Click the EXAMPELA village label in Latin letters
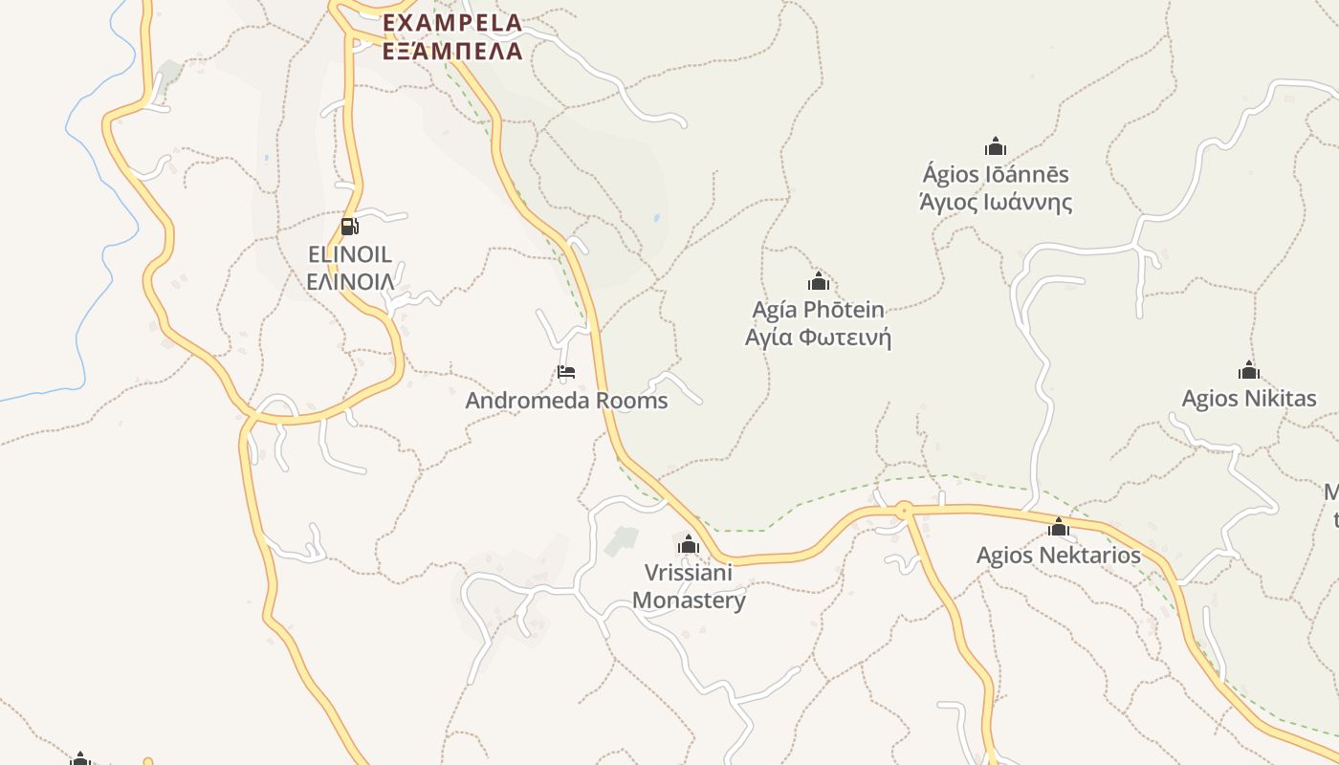(452, 22)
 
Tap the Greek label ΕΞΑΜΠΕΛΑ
(452, 51)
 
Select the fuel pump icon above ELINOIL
(349, 227)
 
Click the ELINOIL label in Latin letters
(350, 254)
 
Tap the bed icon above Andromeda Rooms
(566, 372)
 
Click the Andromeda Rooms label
(566, 400)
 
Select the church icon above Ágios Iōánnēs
(996, 147)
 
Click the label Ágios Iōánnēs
(996, 175)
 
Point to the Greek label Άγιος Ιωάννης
(996, 203)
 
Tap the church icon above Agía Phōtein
(819, 282)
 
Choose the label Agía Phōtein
(819, 310)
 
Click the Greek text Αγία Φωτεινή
(819, 338)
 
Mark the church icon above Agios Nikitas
(1248, 371)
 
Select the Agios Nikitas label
(1249, 399)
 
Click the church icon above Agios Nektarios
(1059, 528)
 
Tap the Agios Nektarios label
(1059, 556)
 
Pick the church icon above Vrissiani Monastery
(688, 546)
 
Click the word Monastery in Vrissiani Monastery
(689, 601)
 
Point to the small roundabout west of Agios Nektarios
(904, 510)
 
